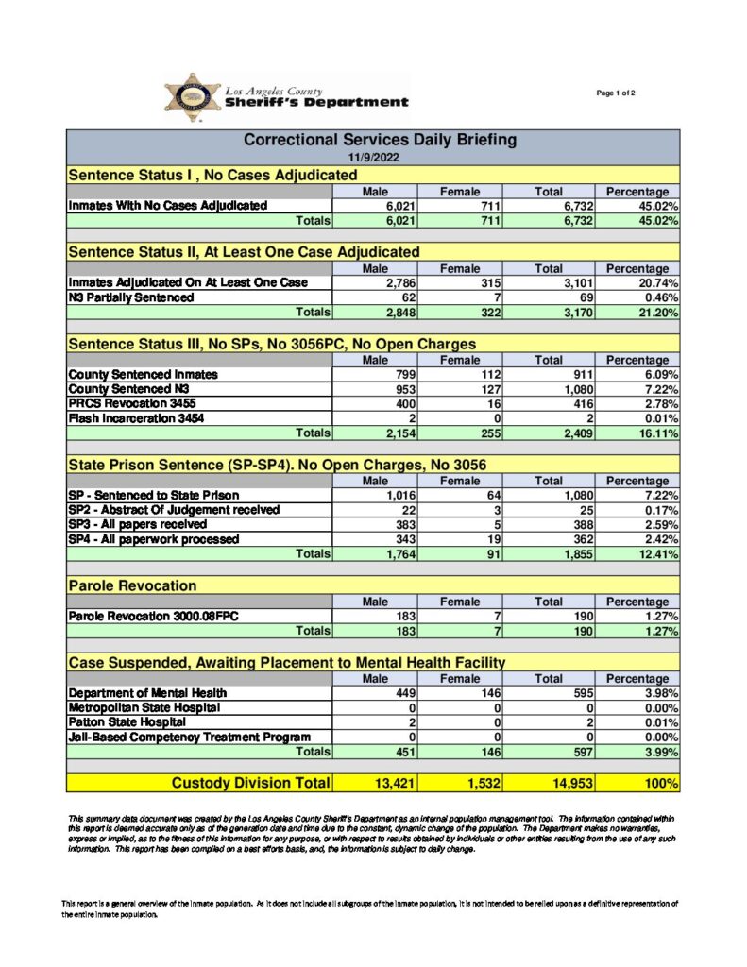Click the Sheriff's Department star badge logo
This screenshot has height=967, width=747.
pyautogui.click(x=193, y=96)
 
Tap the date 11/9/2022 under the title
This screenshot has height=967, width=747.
pyautogui.click(x=373, y=157)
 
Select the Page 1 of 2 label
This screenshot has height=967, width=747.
pyautogui.click(x=617, y=93)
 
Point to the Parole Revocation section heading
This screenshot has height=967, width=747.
pyautogui.click(x=132, y=586)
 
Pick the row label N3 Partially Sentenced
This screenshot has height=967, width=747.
pyautogui.click(x=131, y=297)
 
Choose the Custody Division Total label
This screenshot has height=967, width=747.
pyautogui.click(x=250, y=782)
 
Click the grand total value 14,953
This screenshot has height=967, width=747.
pyautogui.click(x=575, y=783)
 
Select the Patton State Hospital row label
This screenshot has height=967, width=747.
pyautogui.click(x=120, y=721)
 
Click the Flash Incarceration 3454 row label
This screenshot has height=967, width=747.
pyautogui.click(x=136, y=417)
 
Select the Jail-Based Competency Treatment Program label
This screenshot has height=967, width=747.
pyautogui.click(x=189, y=737)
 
